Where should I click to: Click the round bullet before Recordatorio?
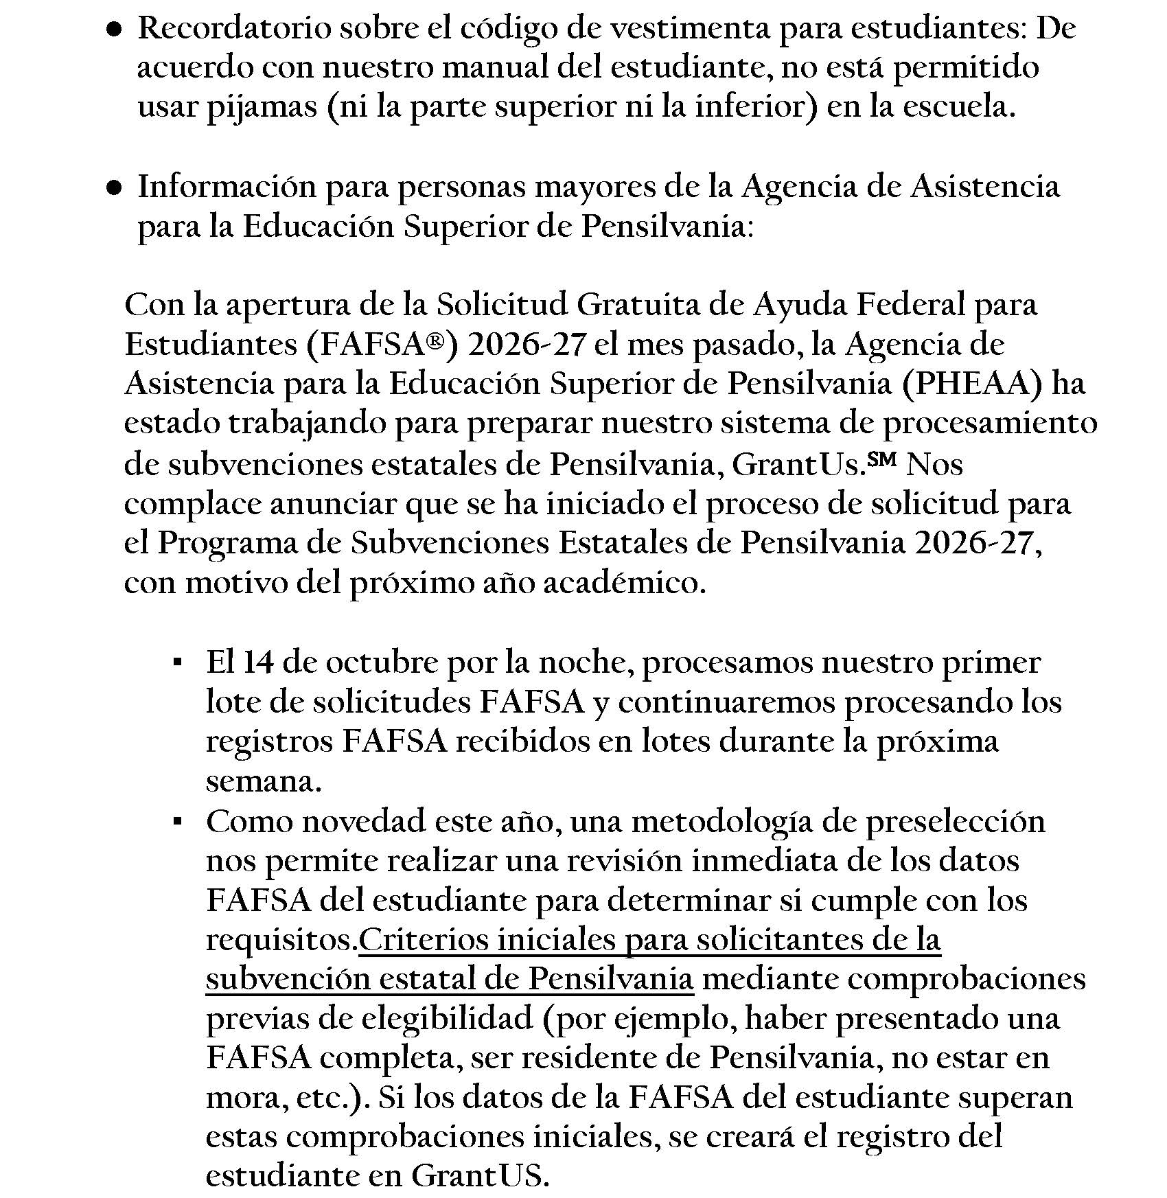115,30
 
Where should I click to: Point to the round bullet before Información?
115,187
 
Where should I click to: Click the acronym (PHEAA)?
971,383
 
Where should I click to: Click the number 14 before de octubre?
258,663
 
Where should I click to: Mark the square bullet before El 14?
177,663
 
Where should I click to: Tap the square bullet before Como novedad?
177,821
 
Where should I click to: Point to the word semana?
263,782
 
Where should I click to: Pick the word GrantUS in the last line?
480,1176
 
